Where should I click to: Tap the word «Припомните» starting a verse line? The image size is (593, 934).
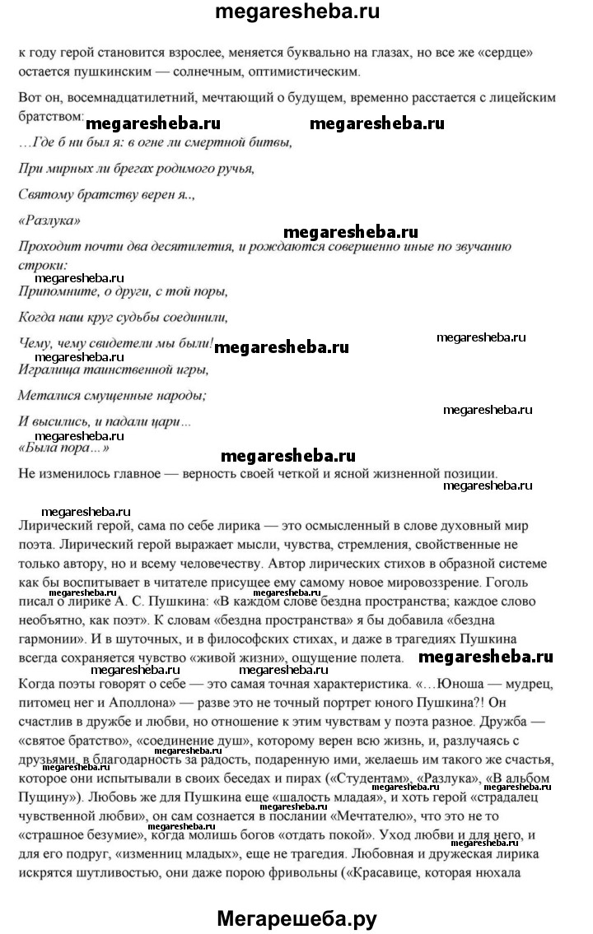click(x=55, y=292)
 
